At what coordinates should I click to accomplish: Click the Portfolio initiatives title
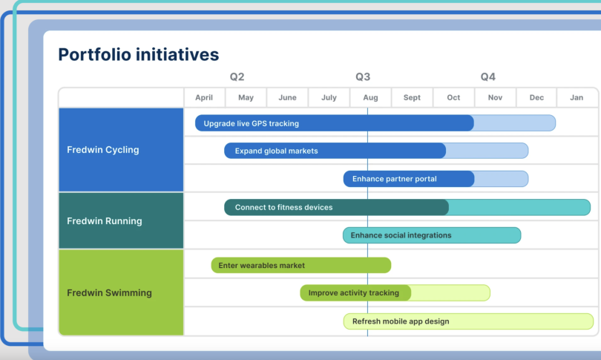(138, 54)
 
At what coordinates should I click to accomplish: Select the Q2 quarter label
(237, 77)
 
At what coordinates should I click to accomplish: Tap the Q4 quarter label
(487, 77)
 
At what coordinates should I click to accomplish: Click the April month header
(204, 98)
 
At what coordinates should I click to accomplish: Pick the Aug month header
(370, 98)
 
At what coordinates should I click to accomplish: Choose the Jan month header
(576, 98)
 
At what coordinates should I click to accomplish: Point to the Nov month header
(495, 98)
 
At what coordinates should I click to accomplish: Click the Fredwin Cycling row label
(103, 150)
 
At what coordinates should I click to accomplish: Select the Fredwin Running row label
(104, 221)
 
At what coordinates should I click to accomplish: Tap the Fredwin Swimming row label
(109, 292)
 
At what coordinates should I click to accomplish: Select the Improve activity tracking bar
(355, 293)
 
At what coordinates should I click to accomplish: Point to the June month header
(287, 98)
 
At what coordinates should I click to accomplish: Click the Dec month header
(536, 98)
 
